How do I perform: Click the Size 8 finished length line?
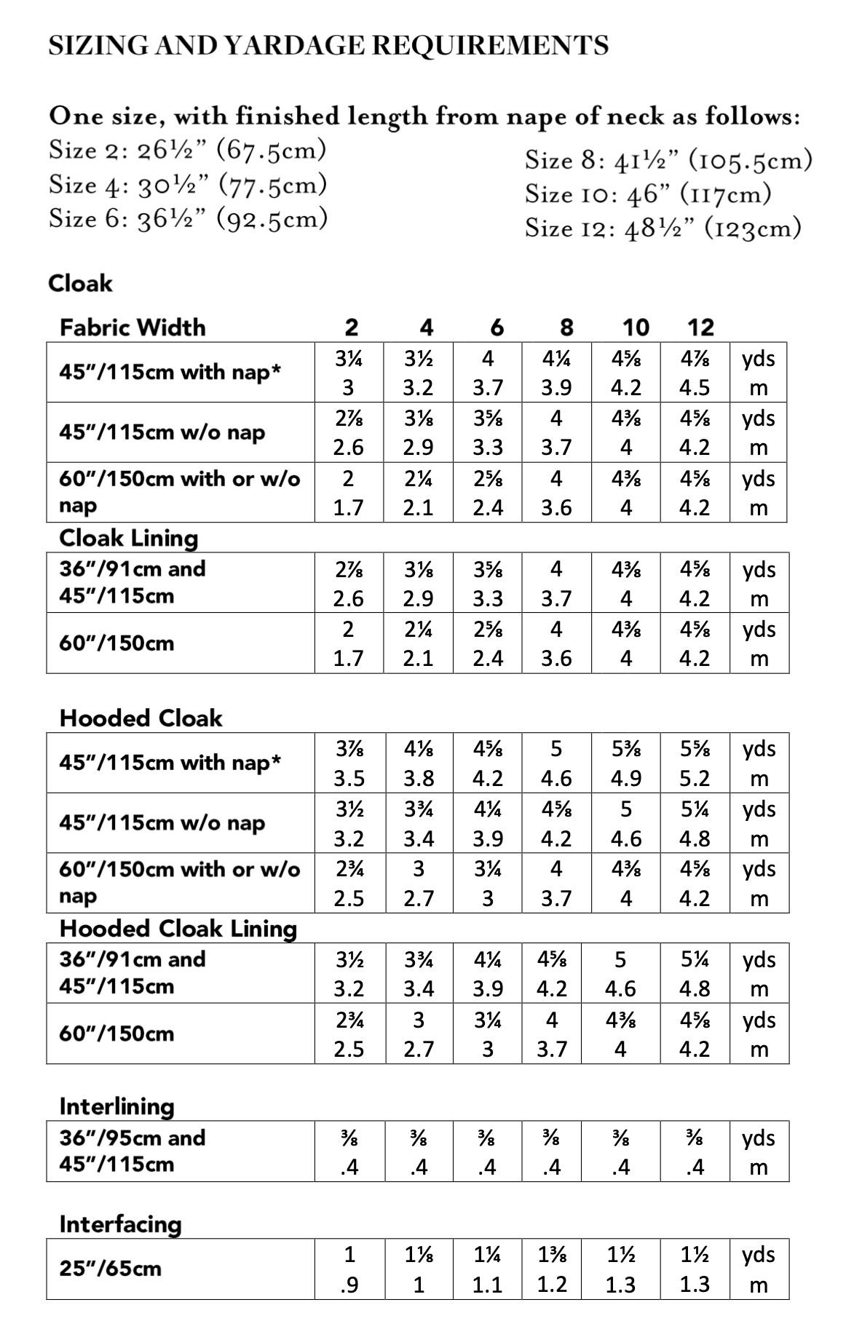click(668, 159)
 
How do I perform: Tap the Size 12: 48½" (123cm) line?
click(663, 228)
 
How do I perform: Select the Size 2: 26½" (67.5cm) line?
click(187, 150)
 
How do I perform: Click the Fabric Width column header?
click(133, 328)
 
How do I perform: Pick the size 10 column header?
click(636, 328)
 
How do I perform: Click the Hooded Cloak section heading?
click(141, 718)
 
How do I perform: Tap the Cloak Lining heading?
click(129, 538)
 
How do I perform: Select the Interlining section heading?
click(117, 1106)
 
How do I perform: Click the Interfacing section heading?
click(120, 1224)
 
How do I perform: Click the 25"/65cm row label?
click(110, 1269)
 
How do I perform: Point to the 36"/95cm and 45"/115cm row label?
click(133, 1151)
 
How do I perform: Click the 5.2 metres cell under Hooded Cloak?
click(694, 779)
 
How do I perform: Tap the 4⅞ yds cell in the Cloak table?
click(694, 358)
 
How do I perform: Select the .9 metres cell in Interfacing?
click(349, 1285)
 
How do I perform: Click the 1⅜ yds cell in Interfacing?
click(552, 1255)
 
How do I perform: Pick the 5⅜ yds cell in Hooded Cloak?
click(625, 749)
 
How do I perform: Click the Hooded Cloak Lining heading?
click(178, 929)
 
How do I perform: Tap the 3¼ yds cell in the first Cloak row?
click(349, 358)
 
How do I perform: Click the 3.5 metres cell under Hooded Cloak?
click(349, 779)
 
